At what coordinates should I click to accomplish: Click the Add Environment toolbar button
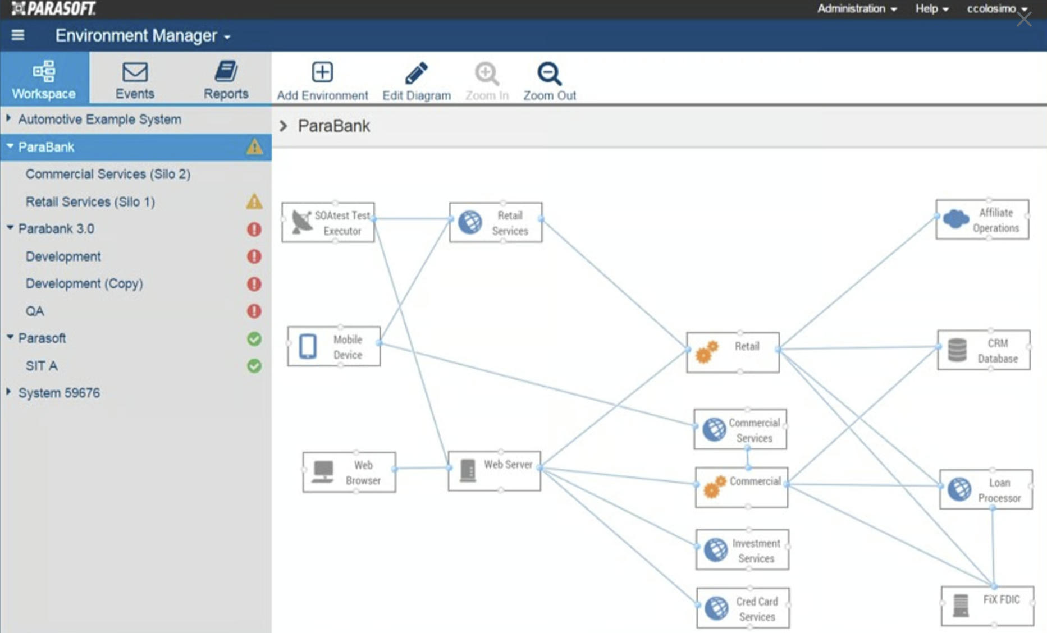point(322,81)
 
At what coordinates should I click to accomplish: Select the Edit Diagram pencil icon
point(416,73)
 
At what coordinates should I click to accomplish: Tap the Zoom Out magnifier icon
point(548,73)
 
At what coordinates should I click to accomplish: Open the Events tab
point(135,80)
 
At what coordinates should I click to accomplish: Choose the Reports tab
point(226,80)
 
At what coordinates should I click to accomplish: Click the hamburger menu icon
point(18,35)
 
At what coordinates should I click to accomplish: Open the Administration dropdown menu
point(856,9)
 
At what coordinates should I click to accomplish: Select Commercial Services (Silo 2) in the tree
point(108,174)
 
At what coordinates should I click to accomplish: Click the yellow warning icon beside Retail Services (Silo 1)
point(254,201)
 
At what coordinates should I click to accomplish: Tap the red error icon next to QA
point(254,311)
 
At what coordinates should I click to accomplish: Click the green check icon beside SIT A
point(254,366)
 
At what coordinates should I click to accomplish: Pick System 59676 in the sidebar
point(59,393)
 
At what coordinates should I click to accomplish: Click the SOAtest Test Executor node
point(328,223)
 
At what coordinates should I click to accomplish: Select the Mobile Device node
point(334,347)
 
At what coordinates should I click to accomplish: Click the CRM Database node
point(984,350)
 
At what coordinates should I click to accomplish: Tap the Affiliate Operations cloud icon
point(956,219)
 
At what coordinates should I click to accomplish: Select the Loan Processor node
point(986,490)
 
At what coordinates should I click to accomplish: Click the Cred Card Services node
point(743,608)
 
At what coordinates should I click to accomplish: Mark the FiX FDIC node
point(987,606)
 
